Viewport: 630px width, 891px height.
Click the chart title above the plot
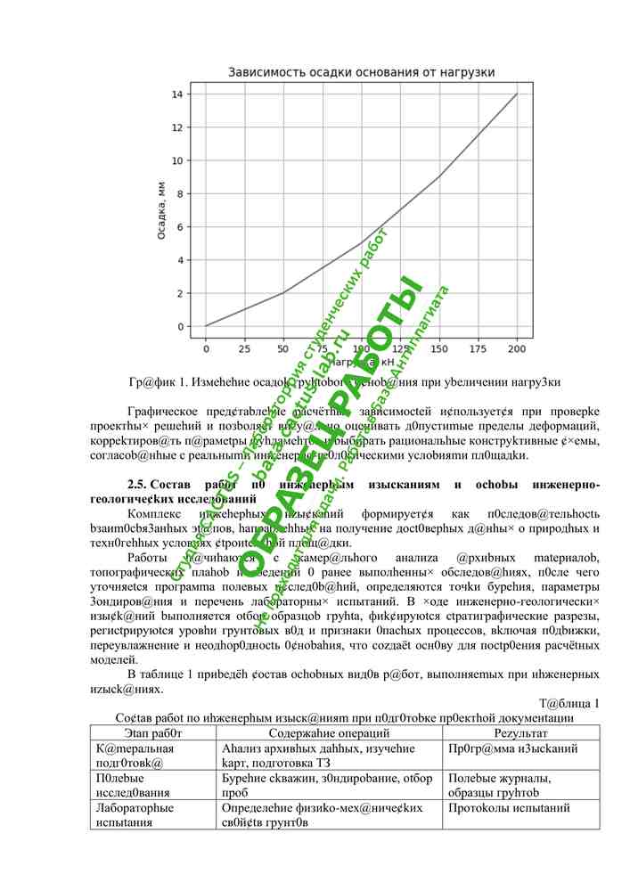(x=361, y=72)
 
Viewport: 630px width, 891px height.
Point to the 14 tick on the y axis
(x=178, y=94)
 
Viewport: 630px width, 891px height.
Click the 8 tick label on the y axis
(x=178, y=193)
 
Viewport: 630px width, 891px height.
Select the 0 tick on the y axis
(x=178, y=326)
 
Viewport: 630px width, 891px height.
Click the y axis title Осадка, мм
(x=160, y=209)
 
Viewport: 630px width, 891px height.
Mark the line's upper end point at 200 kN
(x=517, y=94)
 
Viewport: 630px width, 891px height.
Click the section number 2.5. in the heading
(x=138, y=485)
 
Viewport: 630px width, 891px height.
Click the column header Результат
(x=520, y=732)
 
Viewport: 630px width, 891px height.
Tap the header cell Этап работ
(x=153, y=732)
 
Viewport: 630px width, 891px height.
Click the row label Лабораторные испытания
(x=135, y=815)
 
